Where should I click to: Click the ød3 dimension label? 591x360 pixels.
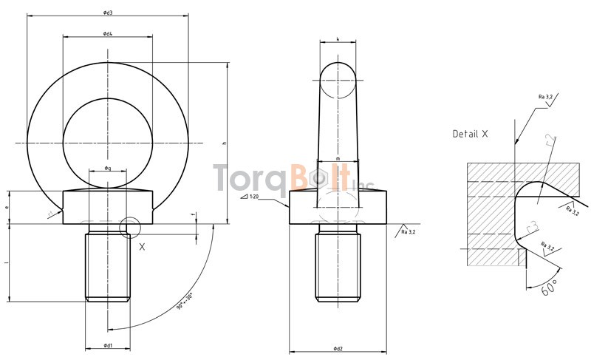coord(108,13)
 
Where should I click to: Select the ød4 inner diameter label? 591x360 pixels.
coord(108,34)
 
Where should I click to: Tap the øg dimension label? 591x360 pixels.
coord(108,169)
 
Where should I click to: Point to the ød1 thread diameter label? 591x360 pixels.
coord(108,346)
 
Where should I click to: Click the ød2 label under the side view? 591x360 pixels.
coord(338,348)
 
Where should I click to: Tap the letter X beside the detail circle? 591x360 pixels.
coord(142,247)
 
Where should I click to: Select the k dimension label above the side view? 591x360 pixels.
coord(338,39)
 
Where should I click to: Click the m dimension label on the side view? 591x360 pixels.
coord(338,158)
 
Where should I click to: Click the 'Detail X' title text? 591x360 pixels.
coord(471,134)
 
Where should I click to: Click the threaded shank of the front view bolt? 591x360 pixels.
coord(108,266)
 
